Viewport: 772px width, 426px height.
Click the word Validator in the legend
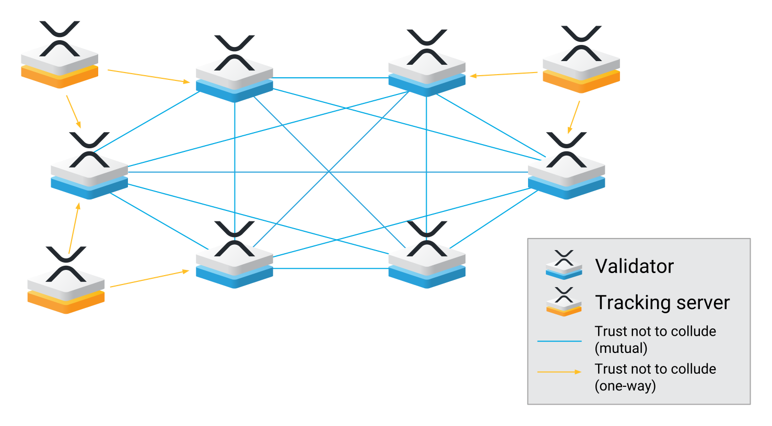coord(634,266)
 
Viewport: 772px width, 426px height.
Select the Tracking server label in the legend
coord(662,303)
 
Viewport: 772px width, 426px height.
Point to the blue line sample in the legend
coord(559,341)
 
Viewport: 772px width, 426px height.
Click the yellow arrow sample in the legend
coord(559,372)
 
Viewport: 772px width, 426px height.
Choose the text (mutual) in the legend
coord(621,348)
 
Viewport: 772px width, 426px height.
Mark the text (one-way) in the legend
coord(625,386)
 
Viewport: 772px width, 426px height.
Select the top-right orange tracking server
coord(581,67)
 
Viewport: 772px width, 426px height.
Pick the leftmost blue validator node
coord(89,173)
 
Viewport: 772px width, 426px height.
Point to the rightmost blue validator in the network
coord(566,173)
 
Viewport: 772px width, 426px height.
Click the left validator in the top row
coord(235,76)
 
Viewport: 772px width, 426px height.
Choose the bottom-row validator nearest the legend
coord(427,262)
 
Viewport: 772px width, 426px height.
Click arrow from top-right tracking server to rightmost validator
coord(574,117)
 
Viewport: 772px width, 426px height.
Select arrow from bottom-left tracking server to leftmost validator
coord(74,228)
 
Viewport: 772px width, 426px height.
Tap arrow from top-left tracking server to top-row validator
coord(148,76)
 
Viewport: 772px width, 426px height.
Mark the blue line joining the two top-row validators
coord(330,78)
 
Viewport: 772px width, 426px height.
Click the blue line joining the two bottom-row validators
coord(330,269)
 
